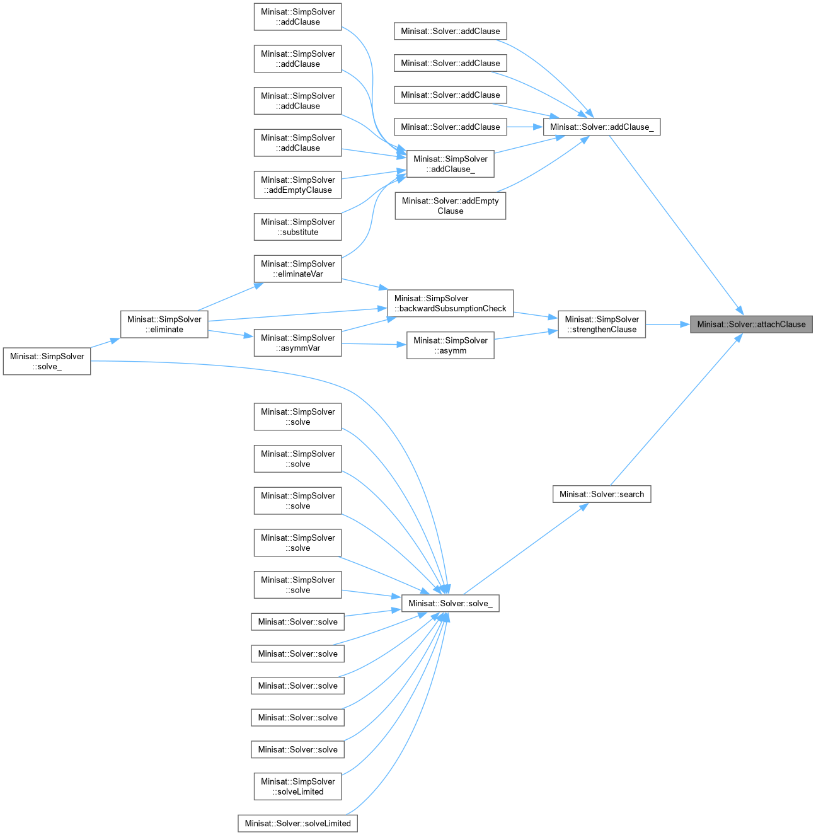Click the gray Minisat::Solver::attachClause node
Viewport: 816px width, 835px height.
click(x=751, y=325)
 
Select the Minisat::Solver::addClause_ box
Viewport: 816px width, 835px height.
click(x=602, y=127)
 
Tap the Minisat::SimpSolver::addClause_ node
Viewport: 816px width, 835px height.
click(x=450, y=164)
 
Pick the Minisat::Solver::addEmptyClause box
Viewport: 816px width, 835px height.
click(x=450, y=206)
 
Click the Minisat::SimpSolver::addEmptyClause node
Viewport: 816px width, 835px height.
click(x=297, y=185)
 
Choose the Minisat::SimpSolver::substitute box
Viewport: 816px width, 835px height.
click(x=297, y=227)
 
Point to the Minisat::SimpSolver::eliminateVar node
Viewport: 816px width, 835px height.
click(x=297, y=268)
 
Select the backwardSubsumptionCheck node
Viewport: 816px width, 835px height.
click(x=450, y=303)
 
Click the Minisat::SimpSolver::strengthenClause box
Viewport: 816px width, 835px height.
click(x=602, y=325)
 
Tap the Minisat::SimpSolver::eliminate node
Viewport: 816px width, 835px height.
click(x=164, y=325)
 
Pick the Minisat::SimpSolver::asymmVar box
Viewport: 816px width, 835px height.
click(x=297, y=343)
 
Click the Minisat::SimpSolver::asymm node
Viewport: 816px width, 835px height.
click(x=450, y=345)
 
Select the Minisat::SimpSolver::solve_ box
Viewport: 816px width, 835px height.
click(x=47, y=362)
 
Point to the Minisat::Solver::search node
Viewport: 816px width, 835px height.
click(x=602, y=494)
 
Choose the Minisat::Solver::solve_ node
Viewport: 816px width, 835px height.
click(x=450, y=603)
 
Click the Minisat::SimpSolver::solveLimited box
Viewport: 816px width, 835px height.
click(x=297, y=786)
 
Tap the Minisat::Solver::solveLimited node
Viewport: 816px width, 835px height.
click(x=297, y=823)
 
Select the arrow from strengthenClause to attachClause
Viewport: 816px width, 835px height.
click(x=668, y=325)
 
